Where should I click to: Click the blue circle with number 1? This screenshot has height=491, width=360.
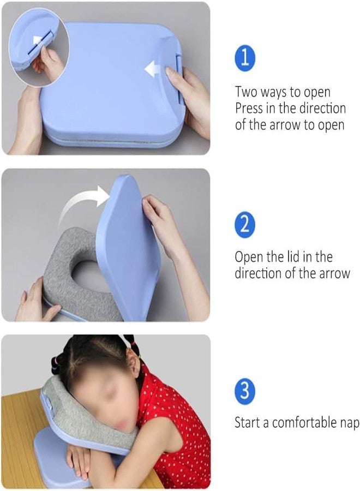[245, 58]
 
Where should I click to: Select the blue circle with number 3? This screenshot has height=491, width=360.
[245, 391]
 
